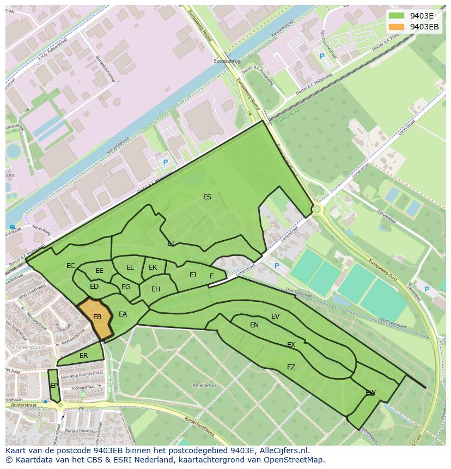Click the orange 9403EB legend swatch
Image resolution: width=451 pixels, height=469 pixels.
[397, 27]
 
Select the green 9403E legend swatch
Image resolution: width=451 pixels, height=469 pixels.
[397, 16]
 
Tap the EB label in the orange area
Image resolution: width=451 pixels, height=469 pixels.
[97, 317]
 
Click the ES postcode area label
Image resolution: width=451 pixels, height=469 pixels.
[207, 197]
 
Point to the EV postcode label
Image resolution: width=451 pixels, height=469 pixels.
[275, 316]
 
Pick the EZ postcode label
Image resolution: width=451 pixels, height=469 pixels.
[291, 367]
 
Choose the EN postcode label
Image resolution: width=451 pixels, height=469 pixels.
[254, 325]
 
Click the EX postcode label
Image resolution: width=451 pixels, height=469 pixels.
[291, 345]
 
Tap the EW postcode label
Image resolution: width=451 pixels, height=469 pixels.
[370, 393]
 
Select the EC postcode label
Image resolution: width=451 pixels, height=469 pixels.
[71, 266]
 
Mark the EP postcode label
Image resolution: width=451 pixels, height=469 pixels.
[54, 386]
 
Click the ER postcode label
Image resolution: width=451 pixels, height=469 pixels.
[83, 356]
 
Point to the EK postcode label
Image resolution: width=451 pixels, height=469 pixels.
[153, 267]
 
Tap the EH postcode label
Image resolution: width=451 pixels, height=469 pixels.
[156, 289]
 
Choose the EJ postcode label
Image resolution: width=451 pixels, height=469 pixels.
[193, 275]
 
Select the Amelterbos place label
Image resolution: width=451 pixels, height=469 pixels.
[205, 385]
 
